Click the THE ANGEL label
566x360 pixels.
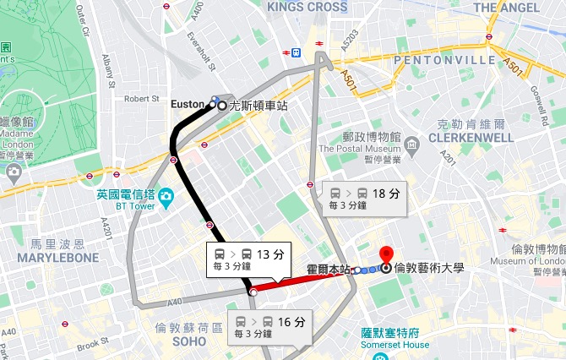[507, 8]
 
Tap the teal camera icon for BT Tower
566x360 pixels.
[166, 198]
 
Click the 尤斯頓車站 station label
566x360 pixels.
[258, 106]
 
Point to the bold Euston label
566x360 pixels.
[188, 105]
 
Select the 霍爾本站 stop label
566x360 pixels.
[328, 270]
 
